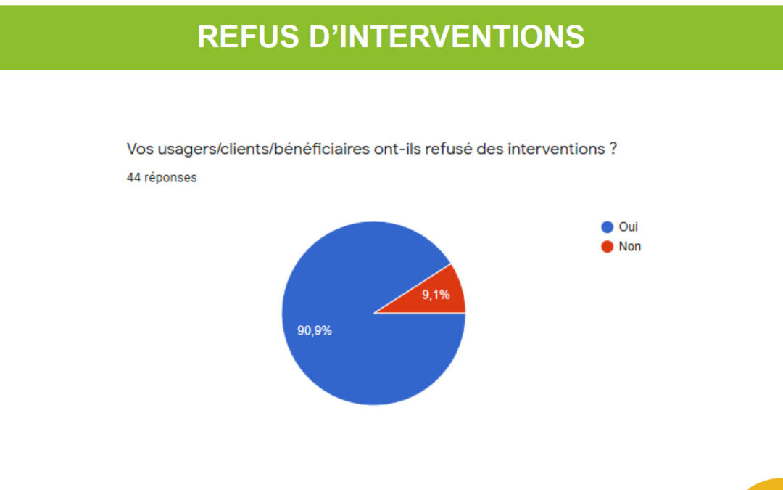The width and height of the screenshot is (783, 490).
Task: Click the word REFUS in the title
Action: [248, 36]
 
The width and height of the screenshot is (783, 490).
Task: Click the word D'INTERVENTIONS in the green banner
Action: [447, 36]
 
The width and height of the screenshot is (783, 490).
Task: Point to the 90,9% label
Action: [315, 330]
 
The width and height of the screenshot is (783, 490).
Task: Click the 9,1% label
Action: [436, 295]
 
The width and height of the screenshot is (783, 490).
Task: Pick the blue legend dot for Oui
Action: [608, 227]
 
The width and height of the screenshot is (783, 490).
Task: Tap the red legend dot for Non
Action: [608, 247]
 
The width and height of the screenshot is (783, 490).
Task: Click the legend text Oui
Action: [628, 227]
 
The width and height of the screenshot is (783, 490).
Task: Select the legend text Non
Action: [630, 247]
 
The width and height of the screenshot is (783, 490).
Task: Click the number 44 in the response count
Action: [133, 178]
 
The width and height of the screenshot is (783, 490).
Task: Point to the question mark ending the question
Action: [613, 149]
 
